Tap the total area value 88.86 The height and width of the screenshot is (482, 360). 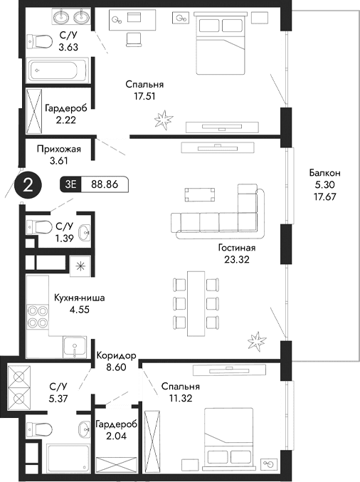point(105,184)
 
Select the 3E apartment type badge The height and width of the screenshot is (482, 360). point(71,184)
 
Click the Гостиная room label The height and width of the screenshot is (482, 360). point(237,248)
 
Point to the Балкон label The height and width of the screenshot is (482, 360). point(324,172)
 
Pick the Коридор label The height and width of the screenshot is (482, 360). point(116,355)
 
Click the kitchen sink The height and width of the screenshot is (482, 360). point(73,349)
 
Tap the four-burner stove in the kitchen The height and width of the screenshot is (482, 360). point(38,315)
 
